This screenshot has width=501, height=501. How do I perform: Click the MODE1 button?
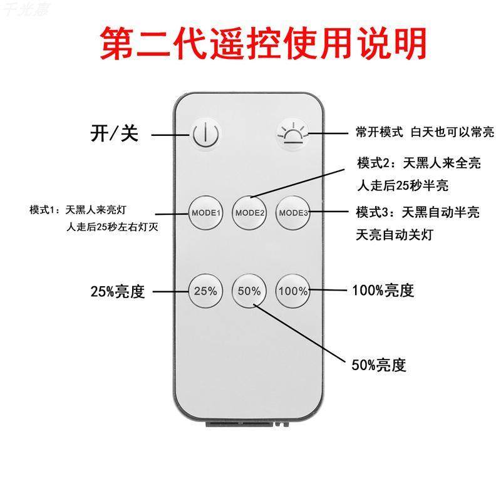pos(206,212)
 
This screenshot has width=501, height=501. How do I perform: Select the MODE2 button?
pos(250,212)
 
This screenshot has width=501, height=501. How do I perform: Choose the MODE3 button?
pos(293,212)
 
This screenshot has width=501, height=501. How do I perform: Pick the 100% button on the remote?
pos(293,291)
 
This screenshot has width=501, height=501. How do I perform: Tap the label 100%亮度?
pos(384,291)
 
